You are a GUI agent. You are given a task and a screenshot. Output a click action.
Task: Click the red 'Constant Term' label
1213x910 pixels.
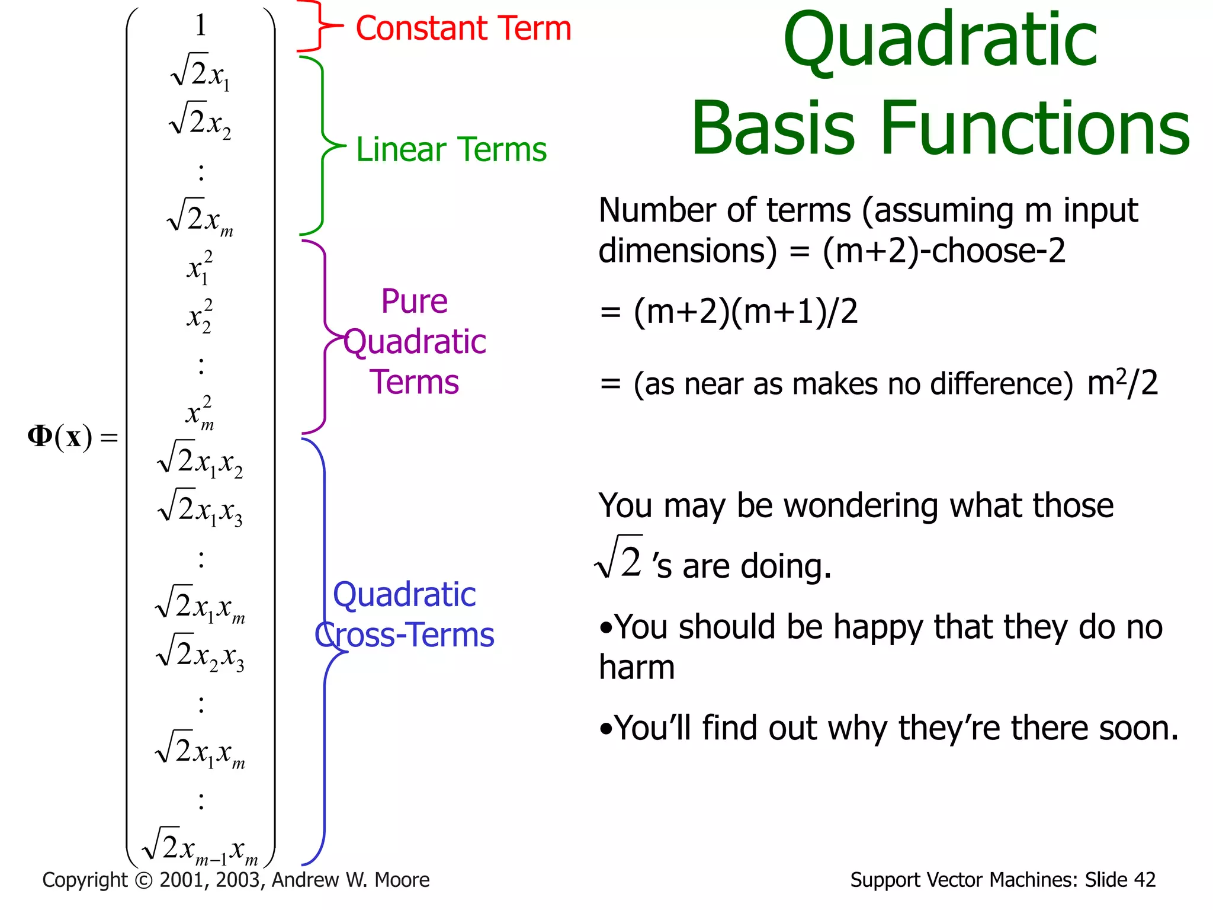[463, 28]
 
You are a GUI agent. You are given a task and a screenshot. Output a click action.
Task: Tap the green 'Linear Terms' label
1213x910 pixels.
[451, 149]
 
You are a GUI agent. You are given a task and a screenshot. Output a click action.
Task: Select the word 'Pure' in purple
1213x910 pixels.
[414, 302]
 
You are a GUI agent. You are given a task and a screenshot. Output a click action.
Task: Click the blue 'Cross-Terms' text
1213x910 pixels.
[405, 635]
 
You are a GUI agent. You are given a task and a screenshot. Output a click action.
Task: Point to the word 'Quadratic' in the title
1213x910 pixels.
[940, 41]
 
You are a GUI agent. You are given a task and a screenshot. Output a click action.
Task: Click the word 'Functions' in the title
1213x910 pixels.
[1035, 129]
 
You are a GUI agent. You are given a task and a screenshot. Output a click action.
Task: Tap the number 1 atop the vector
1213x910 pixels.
[201, 25]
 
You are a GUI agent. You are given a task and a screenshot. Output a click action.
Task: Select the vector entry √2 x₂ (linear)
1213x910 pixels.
[200, 121]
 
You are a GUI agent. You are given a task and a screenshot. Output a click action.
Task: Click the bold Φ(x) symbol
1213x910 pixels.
[60, 437]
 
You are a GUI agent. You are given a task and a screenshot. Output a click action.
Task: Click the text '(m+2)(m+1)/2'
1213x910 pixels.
[745, 311]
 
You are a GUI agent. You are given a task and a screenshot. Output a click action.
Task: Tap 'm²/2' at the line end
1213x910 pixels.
[1122, 383]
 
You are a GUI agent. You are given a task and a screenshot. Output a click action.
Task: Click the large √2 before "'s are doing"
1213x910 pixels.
[620, 558]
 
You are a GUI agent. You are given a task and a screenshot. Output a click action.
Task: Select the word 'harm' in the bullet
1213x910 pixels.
[637, 668]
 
